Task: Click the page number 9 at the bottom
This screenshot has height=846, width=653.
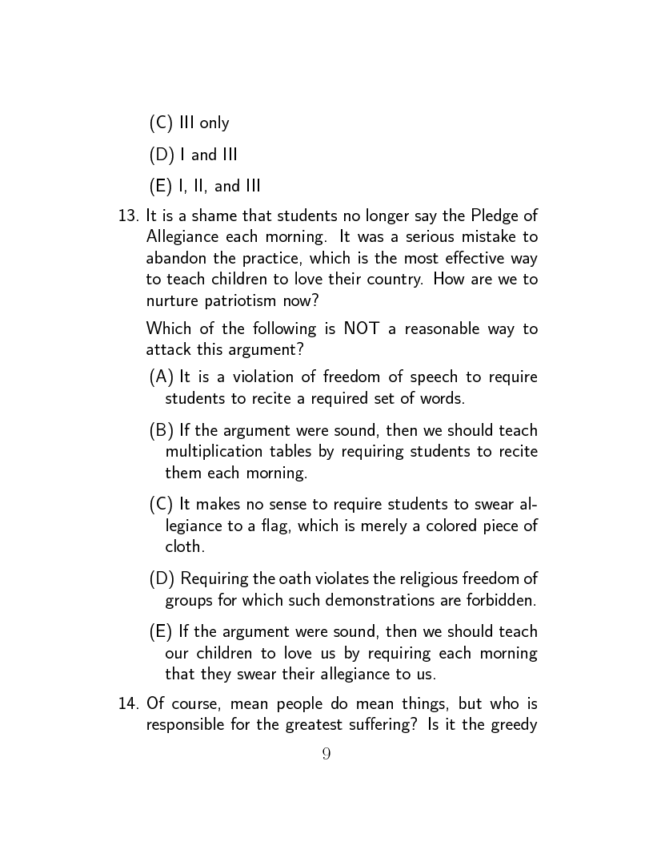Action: tap(326, 754)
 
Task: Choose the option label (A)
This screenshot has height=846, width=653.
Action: tap(162, 377)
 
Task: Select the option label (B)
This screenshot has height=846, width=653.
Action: tap(162, 430)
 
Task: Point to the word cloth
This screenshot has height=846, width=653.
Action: tap(184, 546)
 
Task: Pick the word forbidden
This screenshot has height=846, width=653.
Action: tap(502, 599)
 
